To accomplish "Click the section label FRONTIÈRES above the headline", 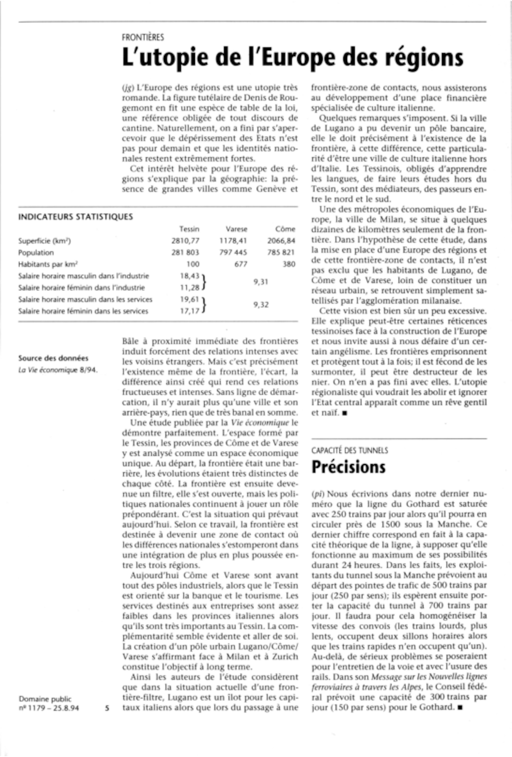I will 143,37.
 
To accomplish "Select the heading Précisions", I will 348,467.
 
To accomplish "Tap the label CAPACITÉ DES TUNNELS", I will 350,451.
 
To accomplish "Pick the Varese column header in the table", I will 237,229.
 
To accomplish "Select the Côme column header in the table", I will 285,229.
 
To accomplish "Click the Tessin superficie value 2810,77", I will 186,241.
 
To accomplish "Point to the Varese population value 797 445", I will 233,252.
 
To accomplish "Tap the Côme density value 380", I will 289,264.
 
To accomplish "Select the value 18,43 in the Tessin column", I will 189,275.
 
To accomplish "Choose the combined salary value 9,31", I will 261,282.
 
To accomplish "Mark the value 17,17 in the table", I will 189,311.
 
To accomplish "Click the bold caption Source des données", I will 53,358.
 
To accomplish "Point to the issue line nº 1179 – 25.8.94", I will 49,708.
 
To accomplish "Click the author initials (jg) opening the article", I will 128,88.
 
